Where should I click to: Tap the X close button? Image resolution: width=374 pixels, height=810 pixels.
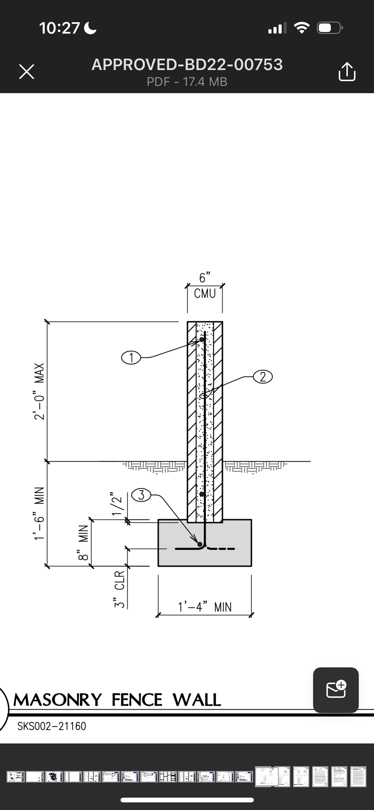(x=27, y=72)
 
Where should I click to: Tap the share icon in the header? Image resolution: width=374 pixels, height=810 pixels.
(x=347, y=72)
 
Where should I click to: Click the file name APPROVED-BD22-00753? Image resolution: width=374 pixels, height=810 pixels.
(x=187, y=65)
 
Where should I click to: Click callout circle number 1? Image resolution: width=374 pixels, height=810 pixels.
(x=131, y=358)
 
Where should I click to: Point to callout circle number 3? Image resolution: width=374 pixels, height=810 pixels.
(x=141, y=495)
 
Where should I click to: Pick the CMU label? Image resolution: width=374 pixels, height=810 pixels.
(x=205, y=294)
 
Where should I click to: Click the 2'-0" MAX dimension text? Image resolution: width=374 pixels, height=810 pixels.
(x=39, y=391)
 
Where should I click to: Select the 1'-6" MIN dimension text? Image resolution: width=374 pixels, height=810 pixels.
(x=39, y=513)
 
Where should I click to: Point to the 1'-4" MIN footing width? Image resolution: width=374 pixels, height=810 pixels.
(x=205, y=607)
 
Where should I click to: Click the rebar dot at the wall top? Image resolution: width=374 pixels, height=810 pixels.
(x=201, y=340)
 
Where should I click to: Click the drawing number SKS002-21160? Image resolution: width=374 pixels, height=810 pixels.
(x=52, y=726)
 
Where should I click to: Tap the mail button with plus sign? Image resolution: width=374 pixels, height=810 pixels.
(x=336, y=690)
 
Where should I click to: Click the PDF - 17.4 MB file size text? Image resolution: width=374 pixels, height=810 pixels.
(x=187, y=82)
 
